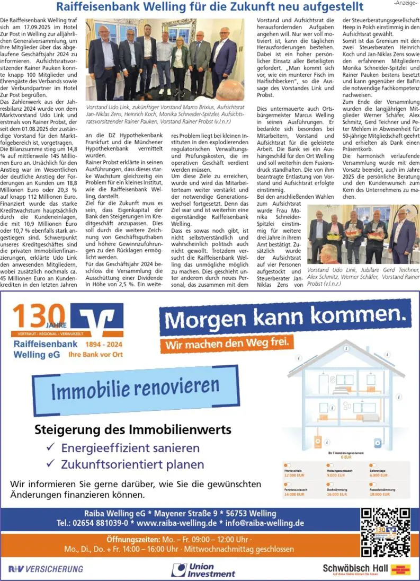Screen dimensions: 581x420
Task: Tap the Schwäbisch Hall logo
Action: click(367, 570)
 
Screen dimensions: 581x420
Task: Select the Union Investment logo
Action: click(204, 570)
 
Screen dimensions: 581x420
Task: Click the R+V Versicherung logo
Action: click(46, 569)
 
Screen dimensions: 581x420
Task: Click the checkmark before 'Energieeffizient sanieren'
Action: click(51, 447)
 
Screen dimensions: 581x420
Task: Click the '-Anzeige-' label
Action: click(405, 3)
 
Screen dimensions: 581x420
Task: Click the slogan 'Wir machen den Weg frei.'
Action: click(228, 344)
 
